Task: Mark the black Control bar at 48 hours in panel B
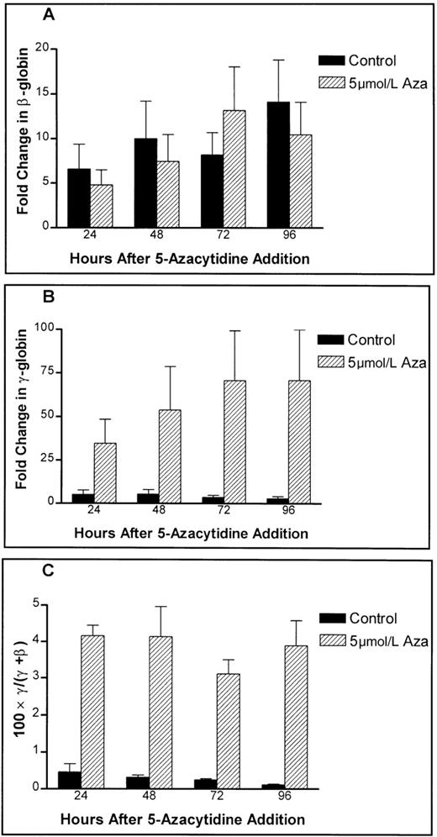(x=120, y=497)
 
